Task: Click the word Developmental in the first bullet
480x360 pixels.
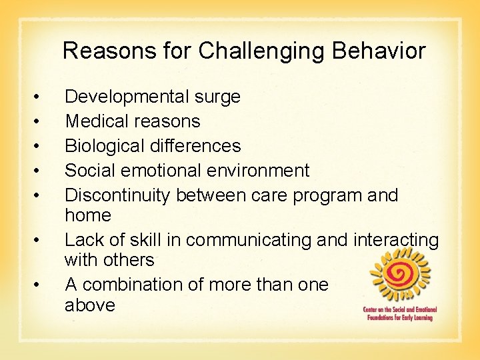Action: click(x=127, y=97)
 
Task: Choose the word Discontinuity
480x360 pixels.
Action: click(x=120, y=195)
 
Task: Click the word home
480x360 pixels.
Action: click(x=87, y=215)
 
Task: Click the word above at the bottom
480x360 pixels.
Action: click(x=90, y=305)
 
